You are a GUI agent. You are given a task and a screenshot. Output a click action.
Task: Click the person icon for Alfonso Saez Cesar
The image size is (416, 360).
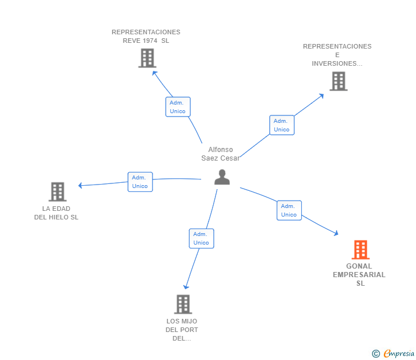coord(222,177)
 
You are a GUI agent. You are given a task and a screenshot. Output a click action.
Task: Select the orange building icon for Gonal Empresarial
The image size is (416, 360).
coord(360,250)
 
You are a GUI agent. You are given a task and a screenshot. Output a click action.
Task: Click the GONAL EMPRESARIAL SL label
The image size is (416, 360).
coord(359,274)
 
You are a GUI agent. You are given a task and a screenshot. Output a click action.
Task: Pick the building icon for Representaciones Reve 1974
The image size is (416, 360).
coord(147,58)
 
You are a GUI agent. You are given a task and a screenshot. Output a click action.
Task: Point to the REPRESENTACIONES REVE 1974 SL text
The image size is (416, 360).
coord(146,36)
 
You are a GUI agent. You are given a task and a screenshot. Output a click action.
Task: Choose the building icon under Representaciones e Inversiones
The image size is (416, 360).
coord(338,81)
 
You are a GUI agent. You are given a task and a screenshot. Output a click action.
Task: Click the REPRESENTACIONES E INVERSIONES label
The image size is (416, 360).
coord(337,55)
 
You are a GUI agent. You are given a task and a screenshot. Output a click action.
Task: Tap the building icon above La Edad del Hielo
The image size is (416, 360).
coord(57,191)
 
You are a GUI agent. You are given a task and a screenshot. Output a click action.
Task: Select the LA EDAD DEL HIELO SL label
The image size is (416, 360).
coord(56,213)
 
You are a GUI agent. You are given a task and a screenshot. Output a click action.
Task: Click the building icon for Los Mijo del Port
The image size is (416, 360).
coord(182,304)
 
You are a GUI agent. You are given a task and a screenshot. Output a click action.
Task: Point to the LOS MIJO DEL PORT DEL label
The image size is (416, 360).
coord(182,329)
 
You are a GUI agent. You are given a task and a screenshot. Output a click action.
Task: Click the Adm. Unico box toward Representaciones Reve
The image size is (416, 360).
coord(178,107)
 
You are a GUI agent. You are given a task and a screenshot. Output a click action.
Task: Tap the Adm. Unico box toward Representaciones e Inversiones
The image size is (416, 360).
coord(282,125)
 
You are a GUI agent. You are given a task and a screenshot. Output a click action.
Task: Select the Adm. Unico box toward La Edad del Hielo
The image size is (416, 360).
coord(140,182)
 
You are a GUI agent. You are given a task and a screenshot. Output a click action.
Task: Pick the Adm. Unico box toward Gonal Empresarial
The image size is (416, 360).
coord(289,210)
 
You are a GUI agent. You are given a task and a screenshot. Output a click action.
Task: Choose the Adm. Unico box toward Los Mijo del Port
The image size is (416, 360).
coord(201,238)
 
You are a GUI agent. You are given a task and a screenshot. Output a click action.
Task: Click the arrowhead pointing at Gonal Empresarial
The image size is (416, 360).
coord(336,233)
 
